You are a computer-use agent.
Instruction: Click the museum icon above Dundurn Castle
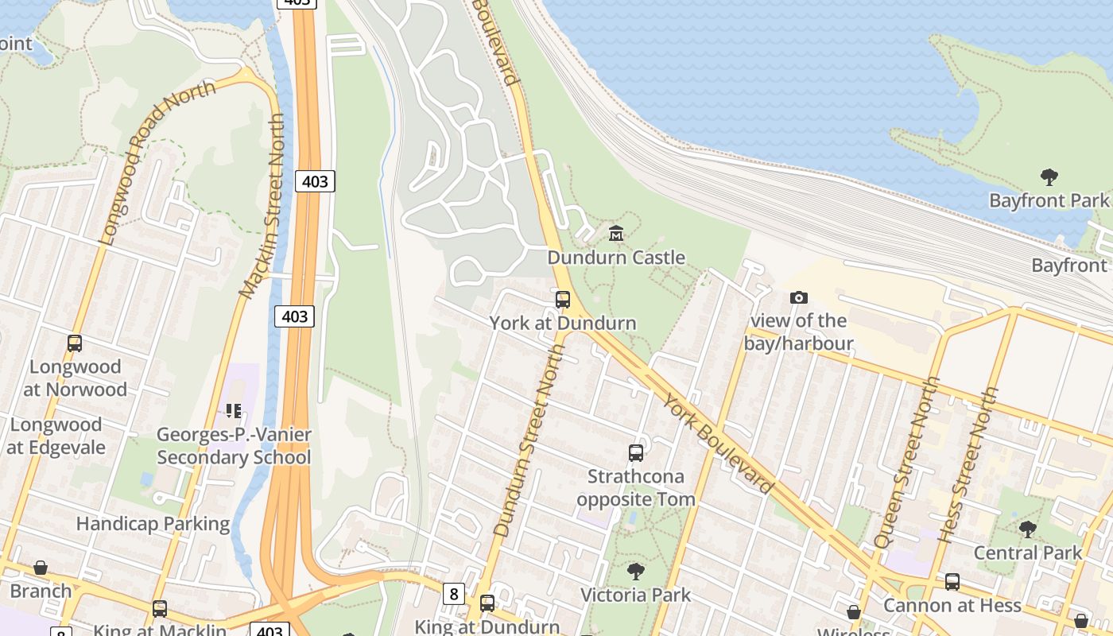616,234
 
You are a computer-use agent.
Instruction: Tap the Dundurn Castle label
616,258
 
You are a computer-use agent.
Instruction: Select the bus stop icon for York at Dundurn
563,300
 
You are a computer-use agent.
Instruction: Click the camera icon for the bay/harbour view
799,297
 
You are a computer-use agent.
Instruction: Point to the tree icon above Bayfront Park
1049,176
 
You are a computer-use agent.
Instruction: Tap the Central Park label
1028,553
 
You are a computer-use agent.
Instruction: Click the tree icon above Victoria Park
635,571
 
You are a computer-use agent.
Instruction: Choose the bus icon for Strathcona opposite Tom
636,453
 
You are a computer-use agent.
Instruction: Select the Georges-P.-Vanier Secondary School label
234,446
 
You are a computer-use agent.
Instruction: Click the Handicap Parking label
153,524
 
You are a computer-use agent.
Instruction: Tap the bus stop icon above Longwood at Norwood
75,343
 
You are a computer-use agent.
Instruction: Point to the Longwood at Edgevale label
56,436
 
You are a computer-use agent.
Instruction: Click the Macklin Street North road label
263,207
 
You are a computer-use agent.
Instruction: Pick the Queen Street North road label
906,461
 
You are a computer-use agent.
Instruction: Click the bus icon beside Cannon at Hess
952,582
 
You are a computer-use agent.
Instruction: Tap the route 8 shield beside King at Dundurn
453,593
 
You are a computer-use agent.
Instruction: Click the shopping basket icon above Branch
41,568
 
